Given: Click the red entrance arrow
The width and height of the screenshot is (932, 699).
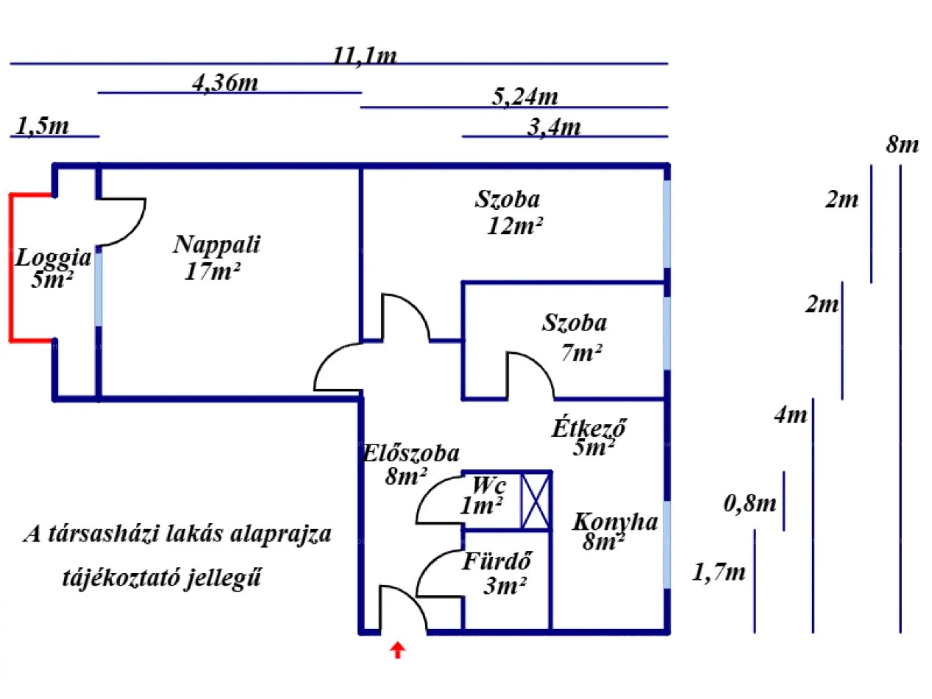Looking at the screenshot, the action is (x=398, y=650).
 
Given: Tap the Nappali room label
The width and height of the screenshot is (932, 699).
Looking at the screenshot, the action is (x=216, y=245).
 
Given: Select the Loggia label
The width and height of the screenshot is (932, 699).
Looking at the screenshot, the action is (x=53, y=258).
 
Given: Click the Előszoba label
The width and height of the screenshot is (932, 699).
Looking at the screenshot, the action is (x=412, y=453).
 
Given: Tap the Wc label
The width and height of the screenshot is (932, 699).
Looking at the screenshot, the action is (x=489, y=484).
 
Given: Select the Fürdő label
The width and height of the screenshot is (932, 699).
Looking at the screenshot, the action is (x=497, y=562).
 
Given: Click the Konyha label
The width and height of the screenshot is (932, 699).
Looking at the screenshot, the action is (x=616, y=522).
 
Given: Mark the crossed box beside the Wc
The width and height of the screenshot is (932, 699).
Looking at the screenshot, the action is (x=535, y=501).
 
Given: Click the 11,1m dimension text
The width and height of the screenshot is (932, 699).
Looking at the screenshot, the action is (x=365, y=56).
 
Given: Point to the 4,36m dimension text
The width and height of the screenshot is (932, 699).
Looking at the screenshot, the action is (x=225, y=83).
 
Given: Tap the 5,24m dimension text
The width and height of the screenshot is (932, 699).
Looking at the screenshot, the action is (x=525, y=97).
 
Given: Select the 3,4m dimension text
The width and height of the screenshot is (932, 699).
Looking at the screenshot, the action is (x=554, y=127).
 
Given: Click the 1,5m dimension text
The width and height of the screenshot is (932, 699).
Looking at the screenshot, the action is (x=43, y=126).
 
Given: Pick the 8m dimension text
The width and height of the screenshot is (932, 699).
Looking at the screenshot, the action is (x=902, y=144).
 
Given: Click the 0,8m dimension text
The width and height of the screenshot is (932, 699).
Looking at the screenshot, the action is (x=750, y=503).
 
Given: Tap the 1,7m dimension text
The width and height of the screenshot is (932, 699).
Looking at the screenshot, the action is (x=719, y=572).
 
